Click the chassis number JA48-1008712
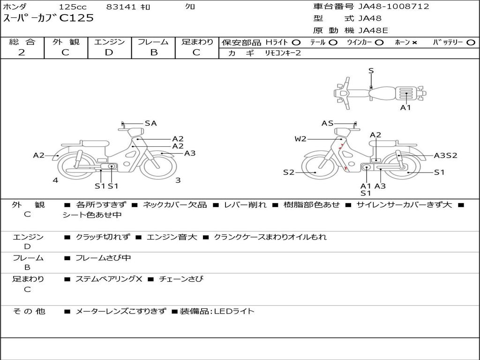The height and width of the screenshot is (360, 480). (393, 7)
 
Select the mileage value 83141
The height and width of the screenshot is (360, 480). (121, 7)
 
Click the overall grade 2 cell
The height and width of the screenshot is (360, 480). (22, 52)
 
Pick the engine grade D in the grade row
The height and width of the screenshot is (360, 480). (109, 52)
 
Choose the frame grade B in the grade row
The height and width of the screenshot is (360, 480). (153, 52)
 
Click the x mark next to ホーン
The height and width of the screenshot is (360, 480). (414, 43)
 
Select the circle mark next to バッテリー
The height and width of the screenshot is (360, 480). (471, 43)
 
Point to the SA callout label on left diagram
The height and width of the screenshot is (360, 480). (150, 123)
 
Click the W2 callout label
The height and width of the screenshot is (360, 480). (300, 139)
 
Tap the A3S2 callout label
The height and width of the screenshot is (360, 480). (445, 156)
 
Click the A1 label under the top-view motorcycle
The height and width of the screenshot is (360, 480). (405, 108)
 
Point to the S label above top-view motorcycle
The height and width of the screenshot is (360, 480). (371, 71)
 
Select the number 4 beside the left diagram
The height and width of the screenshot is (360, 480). (55, 180)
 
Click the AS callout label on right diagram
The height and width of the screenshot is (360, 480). (327, 123)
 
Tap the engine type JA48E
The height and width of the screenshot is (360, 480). (373, 31)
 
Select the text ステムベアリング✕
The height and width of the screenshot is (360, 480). (108, 279)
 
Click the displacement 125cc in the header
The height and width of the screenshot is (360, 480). (72, 7)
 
